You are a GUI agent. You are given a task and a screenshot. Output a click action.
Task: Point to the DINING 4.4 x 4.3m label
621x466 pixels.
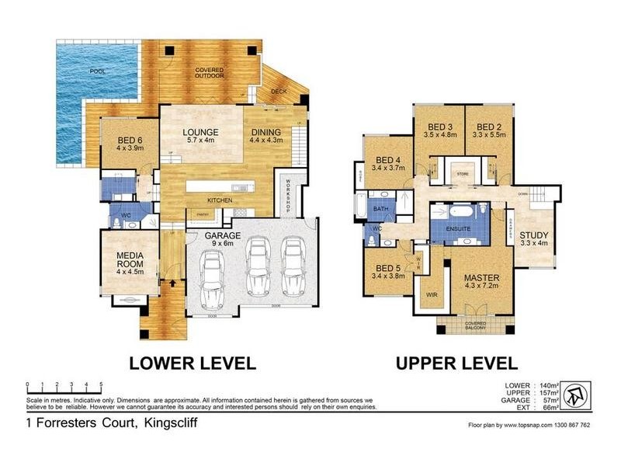[265, 136]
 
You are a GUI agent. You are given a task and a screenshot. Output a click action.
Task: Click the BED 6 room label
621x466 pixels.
[120, 141]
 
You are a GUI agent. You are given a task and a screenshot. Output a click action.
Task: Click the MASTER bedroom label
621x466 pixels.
[480, 282]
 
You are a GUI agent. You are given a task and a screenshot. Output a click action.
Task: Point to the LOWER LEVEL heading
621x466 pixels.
[193, 363]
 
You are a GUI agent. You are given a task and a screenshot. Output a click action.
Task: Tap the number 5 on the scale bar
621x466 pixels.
[100, 384]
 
